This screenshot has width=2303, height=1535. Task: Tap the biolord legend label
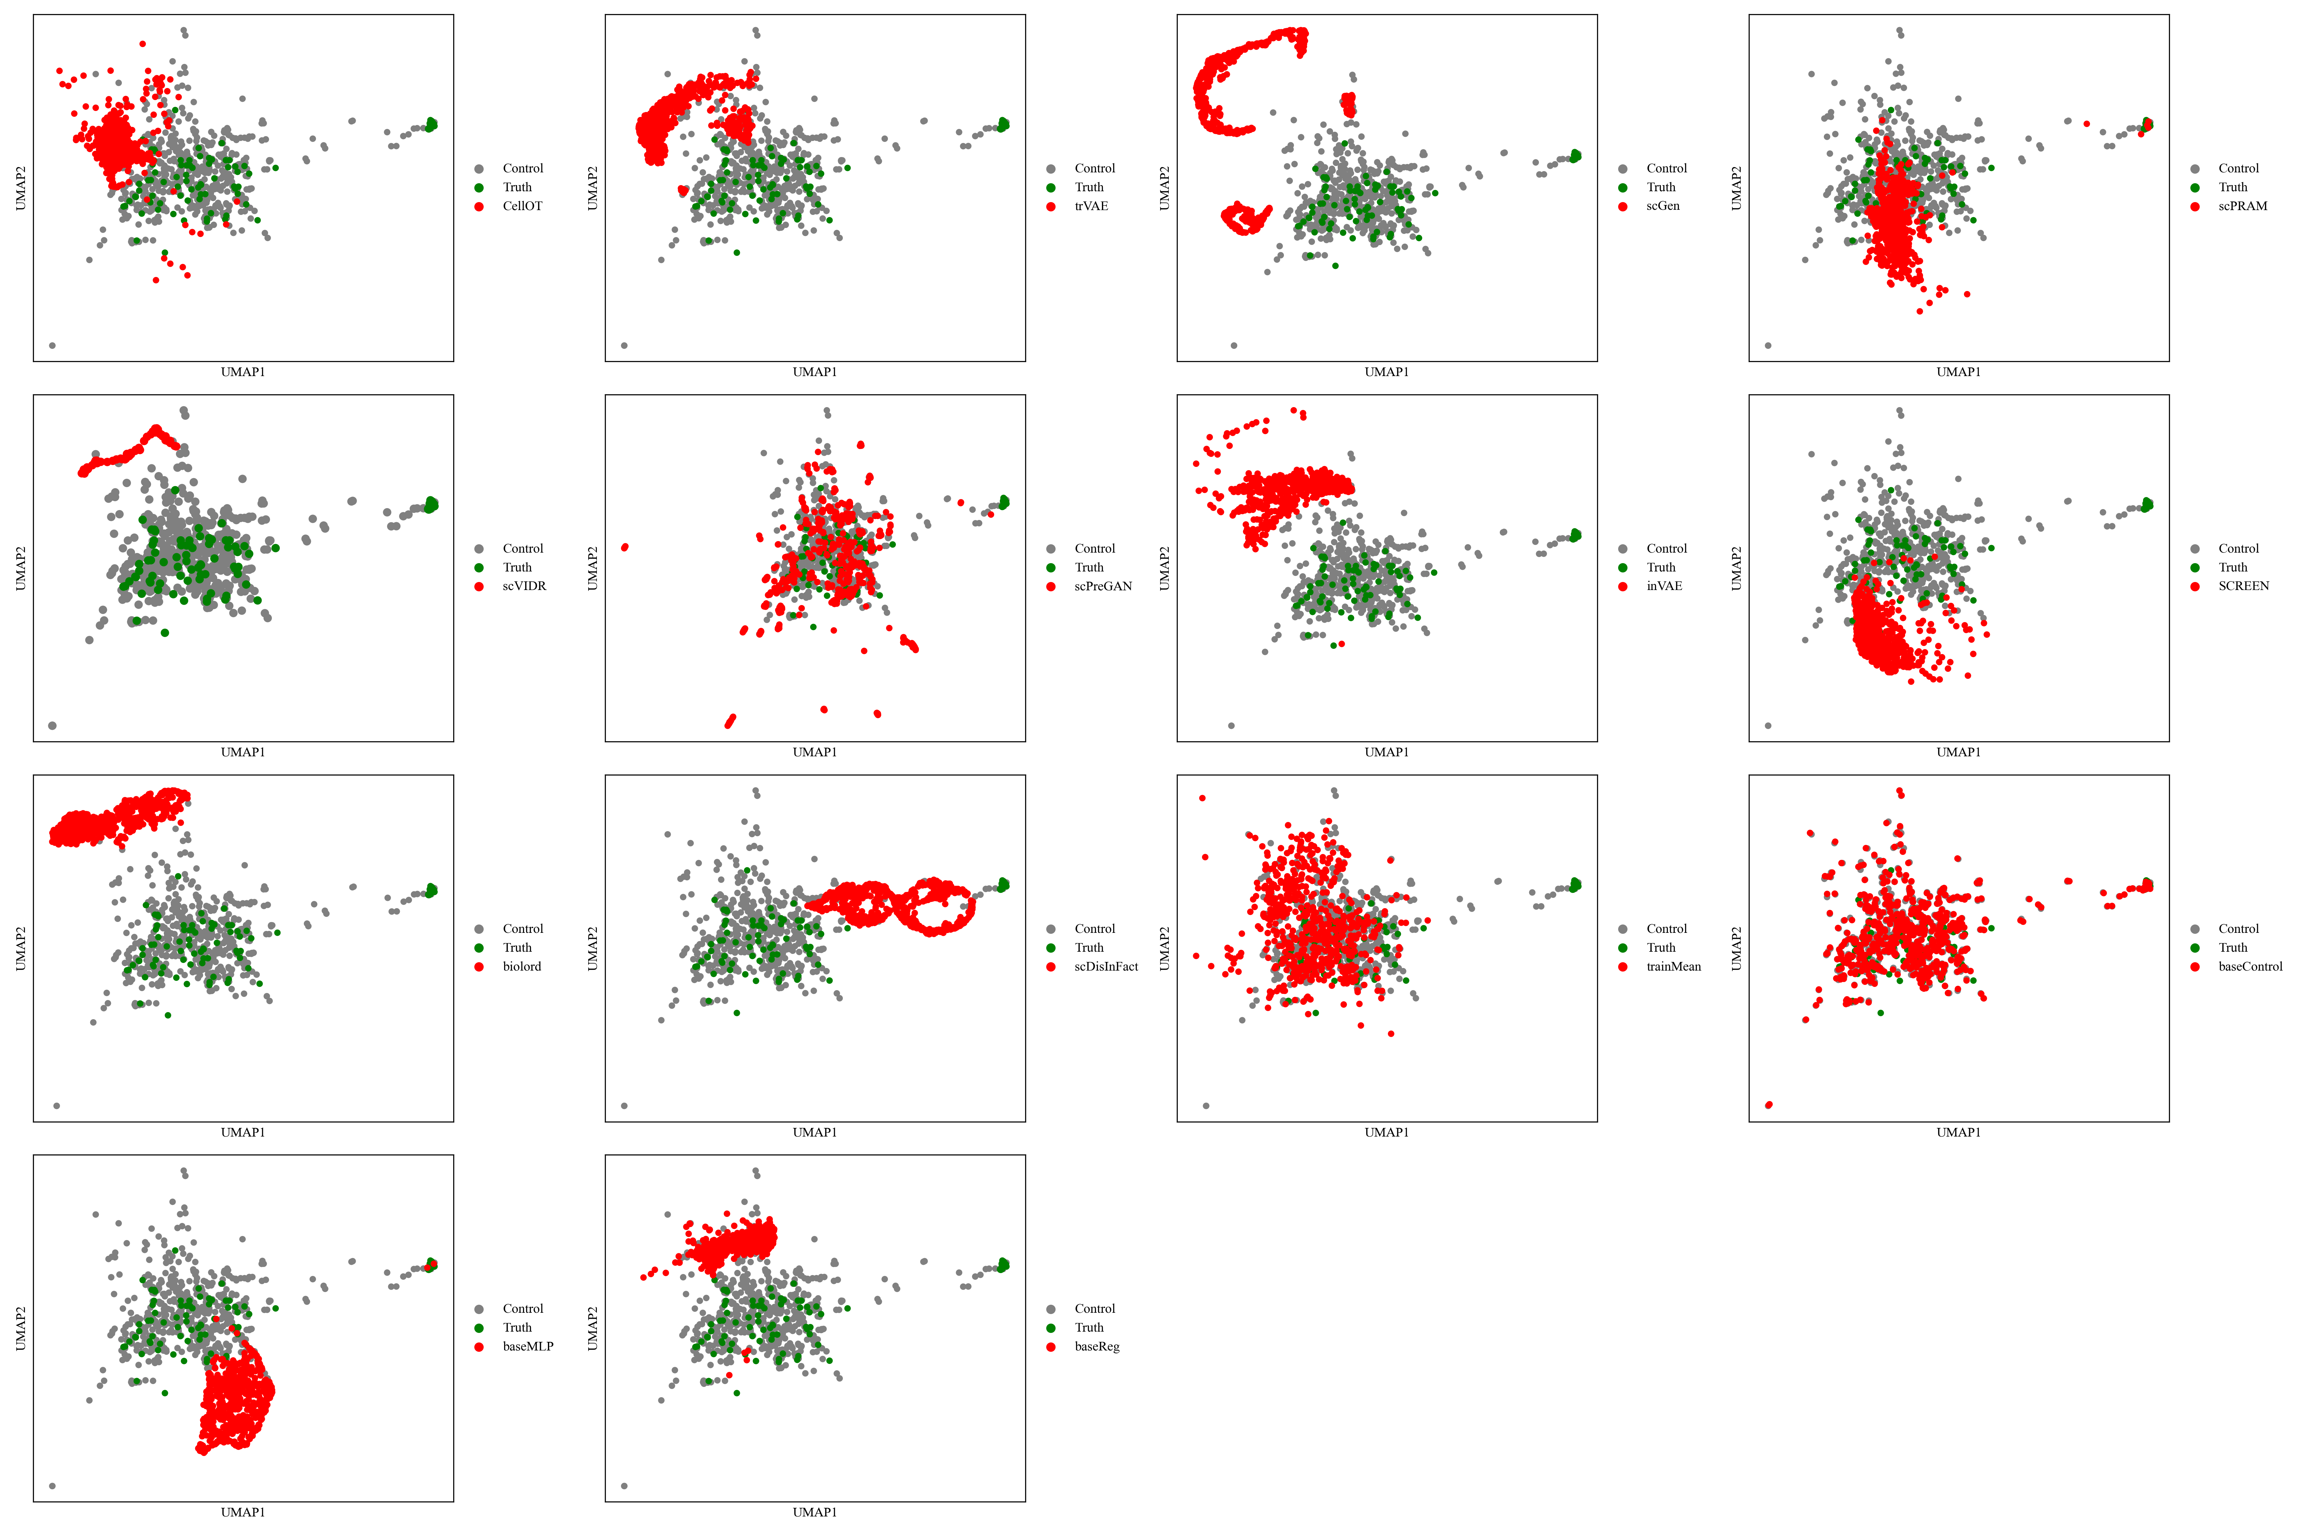click(x=522, y=966)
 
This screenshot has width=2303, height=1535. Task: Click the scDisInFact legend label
click(x=1105, y=966)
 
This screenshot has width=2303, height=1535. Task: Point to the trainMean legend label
click(x=1674, y=966)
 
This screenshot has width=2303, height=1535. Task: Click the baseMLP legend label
click(x=528, y=1346)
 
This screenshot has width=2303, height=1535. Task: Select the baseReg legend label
click(x=1097, y=1346)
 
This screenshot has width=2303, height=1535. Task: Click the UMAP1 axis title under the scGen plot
click(x=1387, y=372)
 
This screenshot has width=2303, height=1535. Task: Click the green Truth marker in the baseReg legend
click(x=1051, y=1327)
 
